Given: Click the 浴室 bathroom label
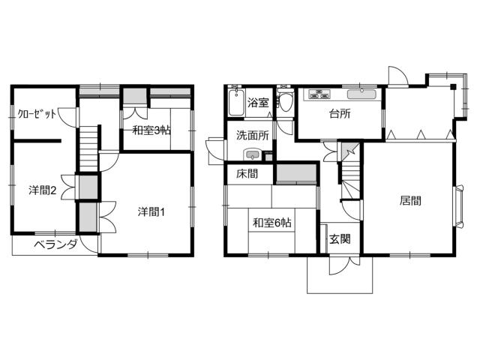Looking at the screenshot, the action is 258,103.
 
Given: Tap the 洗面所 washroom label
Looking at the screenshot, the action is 253,135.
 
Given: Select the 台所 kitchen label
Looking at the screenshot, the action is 340,114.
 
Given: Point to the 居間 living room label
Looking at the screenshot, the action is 410,200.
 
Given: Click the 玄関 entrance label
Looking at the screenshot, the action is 340,238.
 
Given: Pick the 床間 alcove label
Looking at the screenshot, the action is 247,174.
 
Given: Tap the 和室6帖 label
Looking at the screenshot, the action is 271,223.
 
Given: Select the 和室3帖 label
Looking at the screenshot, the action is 151,130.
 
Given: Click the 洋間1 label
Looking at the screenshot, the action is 151,211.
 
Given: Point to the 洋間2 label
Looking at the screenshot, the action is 43,190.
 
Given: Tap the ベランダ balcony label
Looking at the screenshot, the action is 55,244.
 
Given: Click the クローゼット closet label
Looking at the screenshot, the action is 37,114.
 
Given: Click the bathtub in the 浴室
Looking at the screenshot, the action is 236,103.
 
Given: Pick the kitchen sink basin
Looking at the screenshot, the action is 361,94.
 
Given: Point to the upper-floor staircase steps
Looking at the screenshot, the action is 88,149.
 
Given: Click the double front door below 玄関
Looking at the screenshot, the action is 344,265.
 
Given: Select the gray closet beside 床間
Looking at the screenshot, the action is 296,173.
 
